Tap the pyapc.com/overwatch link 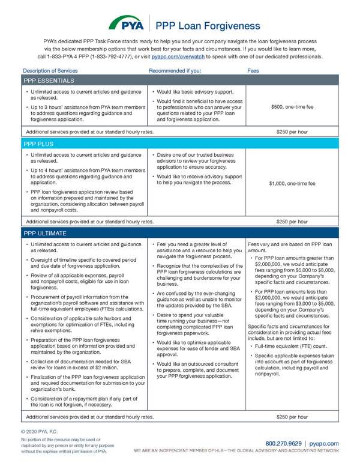tap(178, 56)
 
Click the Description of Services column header tap(50, 70)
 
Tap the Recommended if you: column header tap(175, 70)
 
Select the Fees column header tap(254, 70)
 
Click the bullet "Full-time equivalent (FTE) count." tap(290, 347)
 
